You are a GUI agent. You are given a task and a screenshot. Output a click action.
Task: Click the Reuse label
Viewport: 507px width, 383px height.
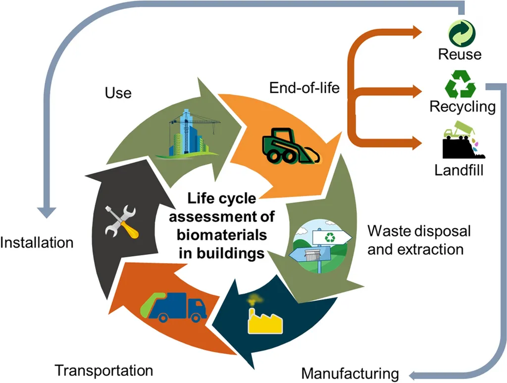(459, 53)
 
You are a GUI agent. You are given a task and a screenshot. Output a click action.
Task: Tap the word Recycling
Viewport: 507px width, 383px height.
(462, 106)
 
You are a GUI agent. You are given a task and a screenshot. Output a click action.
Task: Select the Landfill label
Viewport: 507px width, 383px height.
(459, 171)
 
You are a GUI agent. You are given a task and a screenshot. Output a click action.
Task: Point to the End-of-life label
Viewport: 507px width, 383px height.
(304, 88)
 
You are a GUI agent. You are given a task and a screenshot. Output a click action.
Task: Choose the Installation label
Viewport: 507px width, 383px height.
(37, 242)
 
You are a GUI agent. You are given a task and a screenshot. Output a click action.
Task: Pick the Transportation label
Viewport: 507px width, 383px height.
(104, 370)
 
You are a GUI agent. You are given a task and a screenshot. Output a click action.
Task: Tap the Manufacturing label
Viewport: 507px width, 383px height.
(350, 373)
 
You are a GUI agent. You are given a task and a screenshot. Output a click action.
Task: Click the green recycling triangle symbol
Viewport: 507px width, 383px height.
(460, 85)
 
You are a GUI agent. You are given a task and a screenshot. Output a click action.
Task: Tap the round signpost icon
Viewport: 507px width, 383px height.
(322, 247)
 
